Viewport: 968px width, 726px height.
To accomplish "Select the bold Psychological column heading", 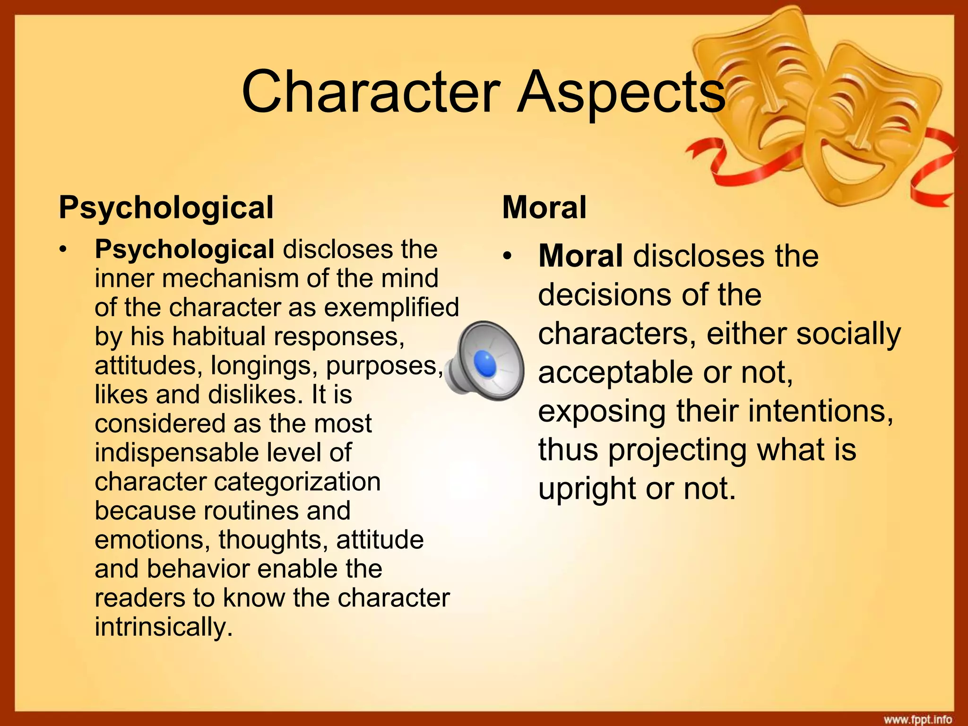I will [166, 207].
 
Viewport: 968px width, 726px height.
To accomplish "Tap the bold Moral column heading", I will [544, 207].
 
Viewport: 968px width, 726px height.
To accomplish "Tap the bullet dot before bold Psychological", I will [64, 250].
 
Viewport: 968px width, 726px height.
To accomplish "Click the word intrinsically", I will [164, 627].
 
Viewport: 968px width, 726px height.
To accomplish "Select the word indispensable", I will [177, 452].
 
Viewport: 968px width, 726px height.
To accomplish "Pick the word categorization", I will [297, 482].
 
